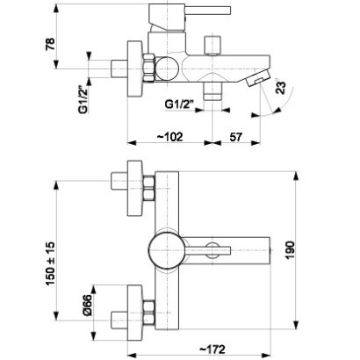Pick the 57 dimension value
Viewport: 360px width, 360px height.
pos(235,135)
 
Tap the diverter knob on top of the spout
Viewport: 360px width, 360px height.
pos(212,47)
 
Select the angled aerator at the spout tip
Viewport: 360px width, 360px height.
pos(256,79)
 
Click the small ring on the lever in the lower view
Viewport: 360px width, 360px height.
pos(212,248)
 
